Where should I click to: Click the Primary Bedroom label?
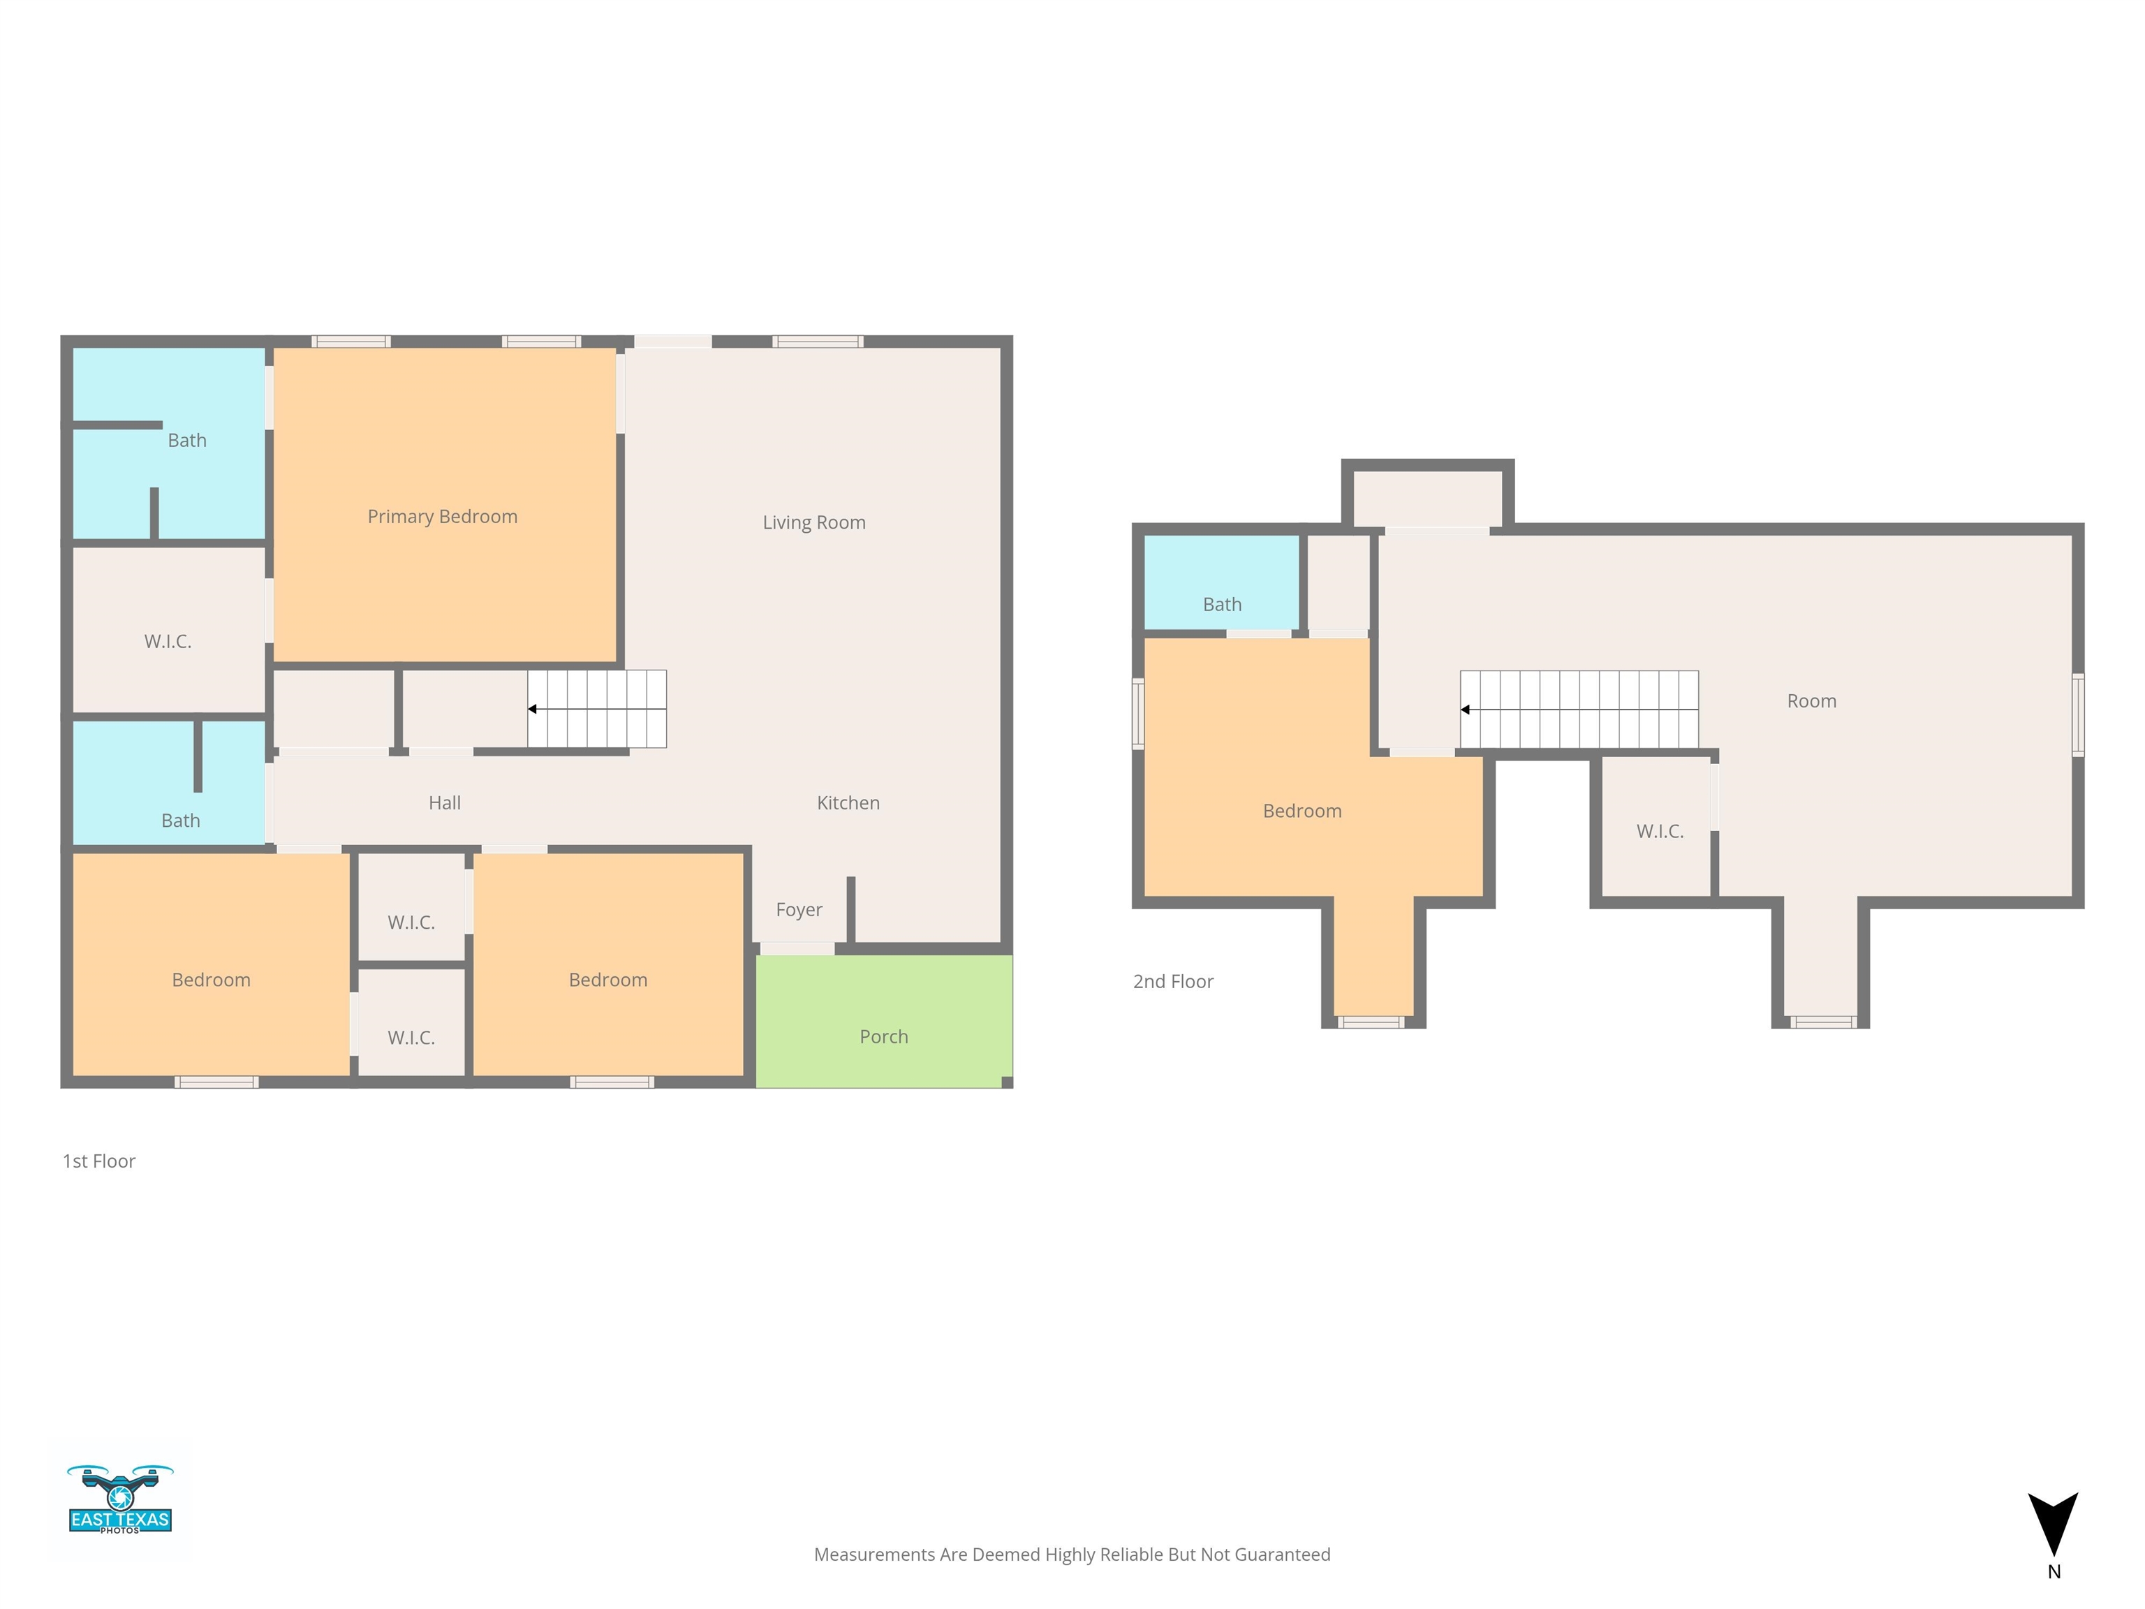pyautogui.click(x=442, y=517)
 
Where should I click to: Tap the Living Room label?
pyautogui.click(x=813, y=523)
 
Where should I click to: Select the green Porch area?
pyautogui.click(x=883, y=1021)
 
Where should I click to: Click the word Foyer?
pyautogui.click(x=799, y=910)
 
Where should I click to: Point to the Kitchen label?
pyautogui.click(x=848, y=803)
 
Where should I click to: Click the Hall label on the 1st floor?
pyautogui.click(x=445, y=803)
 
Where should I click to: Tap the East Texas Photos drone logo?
pyautogui.click(x=120, y=1499)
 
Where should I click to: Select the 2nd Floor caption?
pyautogui.click(x=1173, y=981)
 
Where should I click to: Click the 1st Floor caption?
pyautogui.click(x=99, y=1161)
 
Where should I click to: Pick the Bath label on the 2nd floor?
pyautogui.click(x=1222, y=604)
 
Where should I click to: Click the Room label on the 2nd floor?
pyautogui.click(x=1811, y=701)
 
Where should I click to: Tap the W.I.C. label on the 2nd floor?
pyautogui.click(x=1660, y=831)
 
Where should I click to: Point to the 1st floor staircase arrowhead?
pyautogui.click(x=532, y=709)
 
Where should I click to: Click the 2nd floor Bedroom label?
pyautogui.click(x=1302, y=811)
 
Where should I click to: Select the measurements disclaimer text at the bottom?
pyautogui.click(x=1072, y=1555)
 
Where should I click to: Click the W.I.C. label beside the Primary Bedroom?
pyautogui.click(x=168, y=641)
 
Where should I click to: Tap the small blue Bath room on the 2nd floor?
pyautogui.click(x=1222, y=582)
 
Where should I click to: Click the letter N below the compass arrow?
pyautogui.click(x=2054, y=1572)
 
